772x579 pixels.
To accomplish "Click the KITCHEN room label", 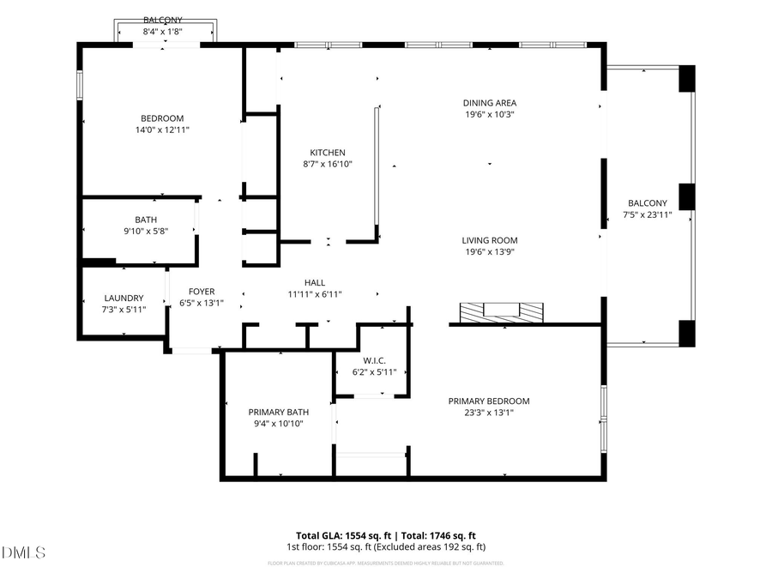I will tap(328, 152).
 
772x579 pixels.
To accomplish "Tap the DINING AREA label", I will tap(490, 102).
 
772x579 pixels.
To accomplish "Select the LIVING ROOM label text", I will tap(490, 240).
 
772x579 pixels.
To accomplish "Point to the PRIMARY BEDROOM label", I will tap(489, 401).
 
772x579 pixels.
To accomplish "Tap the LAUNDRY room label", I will tap(124, 299).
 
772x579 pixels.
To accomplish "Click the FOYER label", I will tap(202, 292).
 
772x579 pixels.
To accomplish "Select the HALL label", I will tap(315, 283).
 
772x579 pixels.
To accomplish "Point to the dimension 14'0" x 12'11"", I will tap(162, 130).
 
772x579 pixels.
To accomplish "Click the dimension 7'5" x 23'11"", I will tap(648, 215).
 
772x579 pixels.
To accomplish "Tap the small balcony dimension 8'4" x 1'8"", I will tap(163, 31).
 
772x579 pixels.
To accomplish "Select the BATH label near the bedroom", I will tap(146, 220).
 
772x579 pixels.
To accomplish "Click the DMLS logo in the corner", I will tap(24, 552).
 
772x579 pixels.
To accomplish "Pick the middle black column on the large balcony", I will tap(686, 196).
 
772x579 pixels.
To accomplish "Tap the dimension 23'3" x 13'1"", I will tap(489, 412).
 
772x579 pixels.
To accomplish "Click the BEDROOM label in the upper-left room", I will tap(162, 118).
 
